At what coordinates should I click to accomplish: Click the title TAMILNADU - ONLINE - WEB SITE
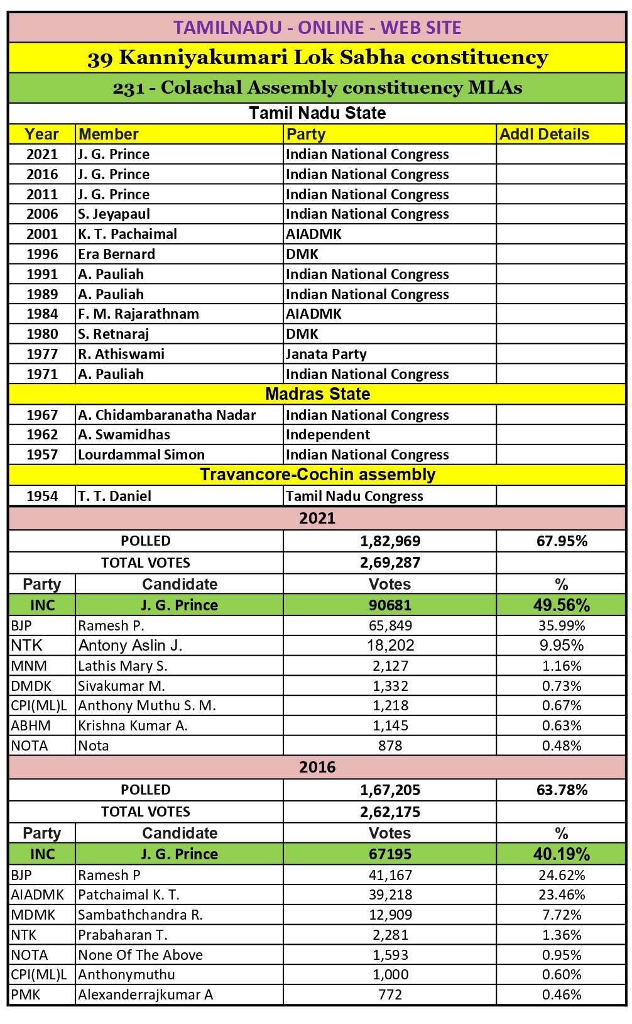[x=317, y=28]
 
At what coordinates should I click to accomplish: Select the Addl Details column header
[x=544, y=134]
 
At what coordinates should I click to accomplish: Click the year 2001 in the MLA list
[x=42, y=234]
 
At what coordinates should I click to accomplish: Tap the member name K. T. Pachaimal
[x=128, y=234]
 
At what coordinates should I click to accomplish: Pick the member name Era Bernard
[x=116, y=254]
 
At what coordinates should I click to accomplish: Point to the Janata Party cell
[x=326, y=354]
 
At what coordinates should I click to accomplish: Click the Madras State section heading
[x=317, y=394]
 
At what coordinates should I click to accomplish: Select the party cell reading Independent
[x=328, y=434]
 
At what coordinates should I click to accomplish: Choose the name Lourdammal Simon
[x=141, y=454]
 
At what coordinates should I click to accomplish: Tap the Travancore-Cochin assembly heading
[x=317, y=475]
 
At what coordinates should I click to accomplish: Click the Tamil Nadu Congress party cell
[x=354, y=496]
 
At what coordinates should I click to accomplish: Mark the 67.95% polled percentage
[x=562, y=541]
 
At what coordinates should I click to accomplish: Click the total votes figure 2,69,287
[x=390, y=563]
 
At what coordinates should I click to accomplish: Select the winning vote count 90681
[x=390, y=605]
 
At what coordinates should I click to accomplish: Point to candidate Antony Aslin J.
[x=130, y=646]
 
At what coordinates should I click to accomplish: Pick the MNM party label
[x=29, y=666]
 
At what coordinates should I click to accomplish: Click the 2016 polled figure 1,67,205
[x=390, y=790]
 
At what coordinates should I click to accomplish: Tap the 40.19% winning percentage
[x=562, y=854]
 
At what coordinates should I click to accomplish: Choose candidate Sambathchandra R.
[x=140, y=915]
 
